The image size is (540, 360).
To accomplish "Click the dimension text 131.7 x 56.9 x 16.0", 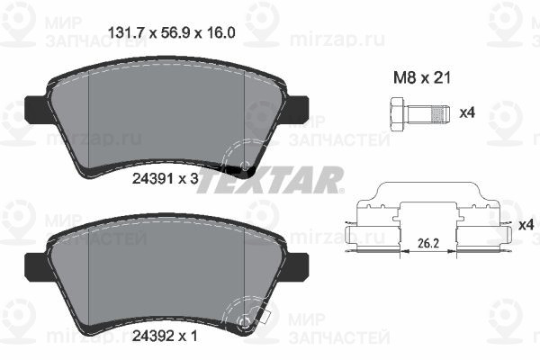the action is pyautogui.click(x=172, y=33).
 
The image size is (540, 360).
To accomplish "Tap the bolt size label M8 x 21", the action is pyautogui.click(x=422, y=78).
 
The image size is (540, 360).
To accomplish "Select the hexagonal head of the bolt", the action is pyautogui.click(x=398, y=114).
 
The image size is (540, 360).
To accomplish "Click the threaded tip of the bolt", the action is pyautogui.click(x=441, y=114).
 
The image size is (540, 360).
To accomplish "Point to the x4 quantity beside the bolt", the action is pyautogui.click(x=467, y=112).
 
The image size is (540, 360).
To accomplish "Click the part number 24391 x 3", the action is pyautogui.click(x=166, y=178).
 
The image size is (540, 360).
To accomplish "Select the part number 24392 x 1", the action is pyautogui.click(x=166, y=336).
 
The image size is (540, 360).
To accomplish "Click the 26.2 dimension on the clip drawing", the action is pyautogui.click(x=428, y=244).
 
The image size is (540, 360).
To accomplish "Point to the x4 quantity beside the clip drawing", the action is pyautogui.click(x=526, y=225).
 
